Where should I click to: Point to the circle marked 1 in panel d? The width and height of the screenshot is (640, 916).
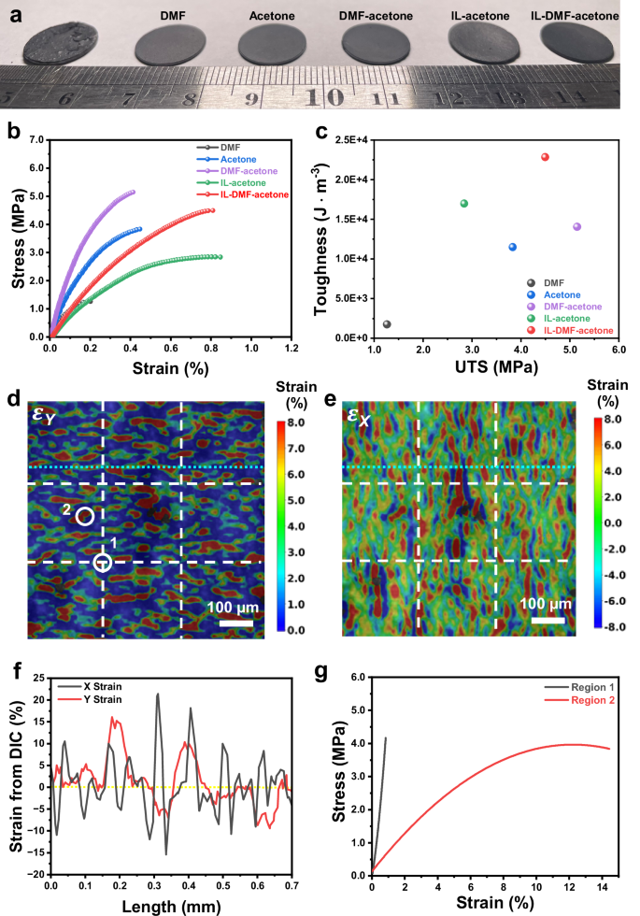pyautogui.click(x=103, y=562)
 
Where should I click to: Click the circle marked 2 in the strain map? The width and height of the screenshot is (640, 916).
pyautogui.click(x=84, y=516)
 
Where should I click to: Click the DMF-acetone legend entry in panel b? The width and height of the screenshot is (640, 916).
pyautogui.click(x=245, y=171)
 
